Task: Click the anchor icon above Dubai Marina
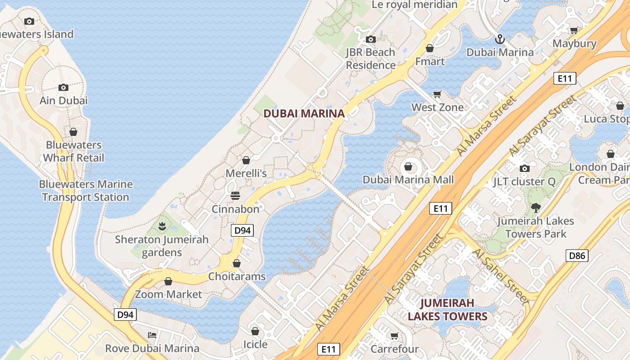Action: pos(500,39)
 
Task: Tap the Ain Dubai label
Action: pos(63,100)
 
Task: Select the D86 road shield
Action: pos(577,256)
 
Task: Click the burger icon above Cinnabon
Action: pos(235,196)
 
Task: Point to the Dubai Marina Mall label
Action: pos(408,180)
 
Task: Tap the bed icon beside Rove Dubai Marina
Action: pos(152,335)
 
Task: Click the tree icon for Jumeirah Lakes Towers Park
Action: pos(535,208)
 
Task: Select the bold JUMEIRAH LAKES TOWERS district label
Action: pos(447,310)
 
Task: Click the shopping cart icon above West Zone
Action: pos(437,94)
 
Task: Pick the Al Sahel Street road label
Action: pos(499,275)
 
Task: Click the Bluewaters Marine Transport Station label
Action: pos(85,191)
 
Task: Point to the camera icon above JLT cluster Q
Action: pos(524,168)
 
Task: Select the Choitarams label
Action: pos(237,276)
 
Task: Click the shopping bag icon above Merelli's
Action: pos(246,160)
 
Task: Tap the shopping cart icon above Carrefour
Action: pos(394,336)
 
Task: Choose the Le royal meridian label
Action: pos(414,5)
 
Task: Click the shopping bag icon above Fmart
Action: pos(430,48)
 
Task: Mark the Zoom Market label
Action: pos(169,294)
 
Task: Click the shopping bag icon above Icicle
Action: pos(255,332)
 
